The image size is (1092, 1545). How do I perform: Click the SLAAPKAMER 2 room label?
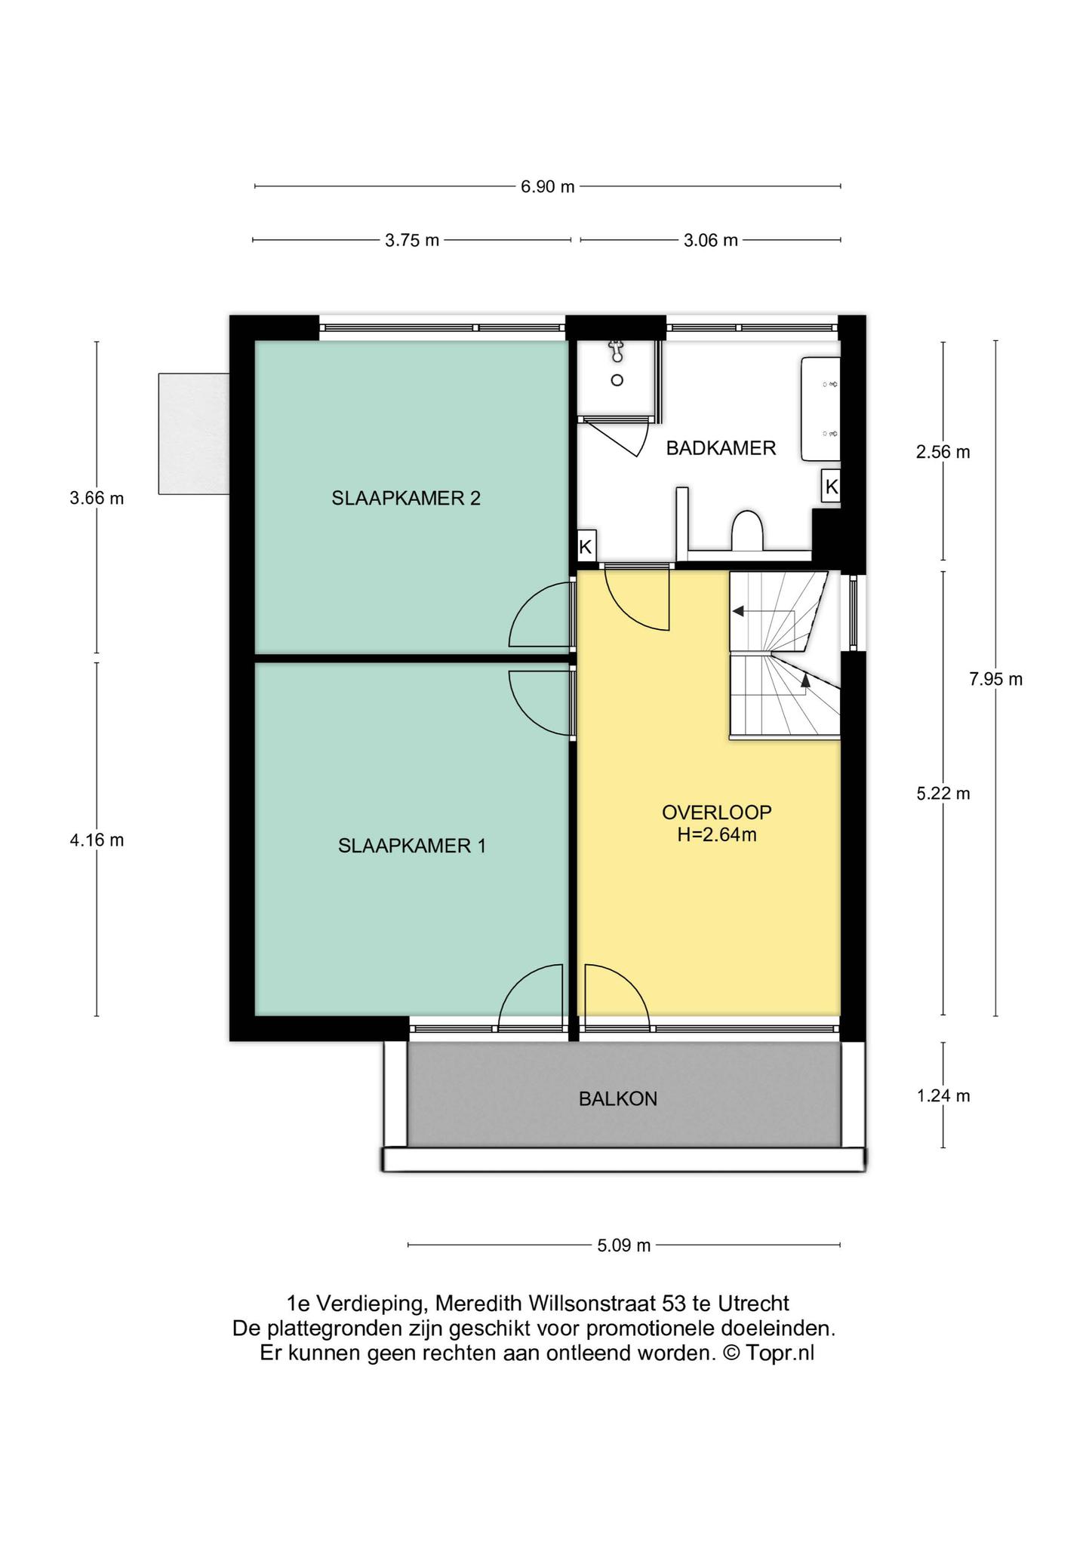406,498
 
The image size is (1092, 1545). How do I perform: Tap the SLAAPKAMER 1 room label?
411,846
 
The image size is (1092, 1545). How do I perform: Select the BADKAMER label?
721,448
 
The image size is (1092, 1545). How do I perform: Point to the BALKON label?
618,1099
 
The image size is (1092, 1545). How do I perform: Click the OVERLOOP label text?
717,812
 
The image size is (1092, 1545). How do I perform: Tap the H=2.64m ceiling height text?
717,835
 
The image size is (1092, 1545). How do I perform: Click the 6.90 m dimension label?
548,187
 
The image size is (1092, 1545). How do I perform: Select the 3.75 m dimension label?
412,241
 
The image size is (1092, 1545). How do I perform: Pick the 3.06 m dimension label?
710,241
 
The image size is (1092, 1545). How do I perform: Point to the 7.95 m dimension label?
995,679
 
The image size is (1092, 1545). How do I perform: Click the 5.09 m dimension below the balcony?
624,1246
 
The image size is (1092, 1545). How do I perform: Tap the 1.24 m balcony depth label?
943,1096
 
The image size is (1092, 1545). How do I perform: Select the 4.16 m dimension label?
97,840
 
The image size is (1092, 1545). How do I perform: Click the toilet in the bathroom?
748,530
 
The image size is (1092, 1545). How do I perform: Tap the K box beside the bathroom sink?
832,487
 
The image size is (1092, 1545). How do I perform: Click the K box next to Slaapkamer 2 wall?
586,545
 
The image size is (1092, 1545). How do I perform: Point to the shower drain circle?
617,380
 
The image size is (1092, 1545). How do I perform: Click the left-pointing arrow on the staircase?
762,611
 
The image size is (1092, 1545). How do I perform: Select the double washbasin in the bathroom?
820,409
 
